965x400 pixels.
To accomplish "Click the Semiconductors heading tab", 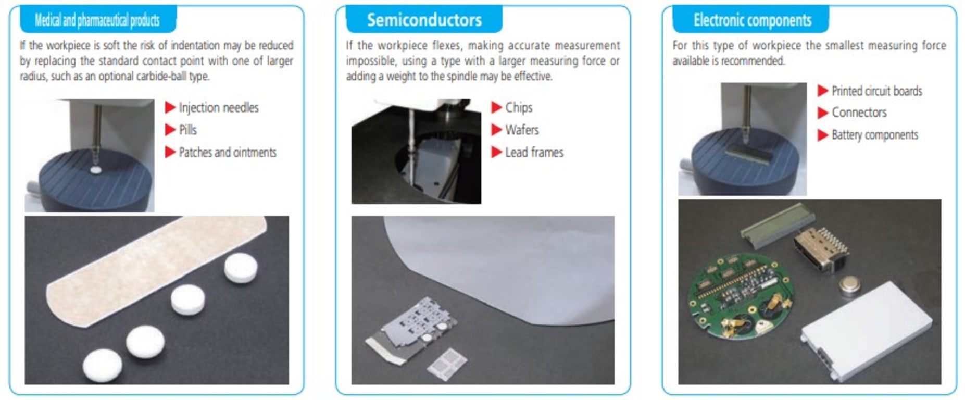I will coord(424,20).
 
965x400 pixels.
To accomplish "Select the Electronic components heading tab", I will coord(751,20).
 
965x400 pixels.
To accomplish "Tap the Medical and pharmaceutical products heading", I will coord(97,20).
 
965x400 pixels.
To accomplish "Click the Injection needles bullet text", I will coord(218,108).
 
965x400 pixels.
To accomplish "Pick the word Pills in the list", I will coord(187,130).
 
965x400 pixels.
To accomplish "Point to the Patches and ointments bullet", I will coord(227,153).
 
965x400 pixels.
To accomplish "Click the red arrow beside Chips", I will coord(496,107).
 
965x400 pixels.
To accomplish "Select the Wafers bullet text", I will coord(521,130).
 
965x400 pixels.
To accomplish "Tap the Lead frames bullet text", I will coord(534,153).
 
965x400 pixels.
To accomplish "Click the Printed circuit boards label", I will coord(876,91).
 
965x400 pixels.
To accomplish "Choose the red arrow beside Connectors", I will coord(822,113).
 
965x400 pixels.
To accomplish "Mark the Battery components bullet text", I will coord(874,135).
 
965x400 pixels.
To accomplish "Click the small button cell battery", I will coord(849,286).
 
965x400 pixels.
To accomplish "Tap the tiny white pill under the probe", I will coord(95,170).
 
